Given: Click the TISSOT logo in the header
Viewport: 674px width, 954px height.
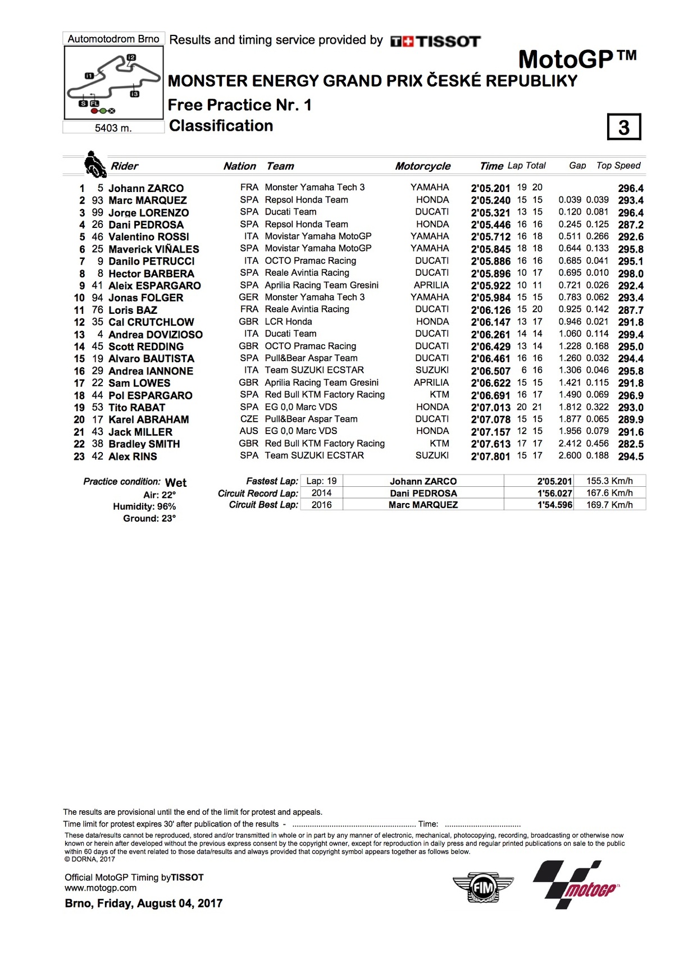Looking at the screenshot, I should pyautogui.click(x=435, y=41).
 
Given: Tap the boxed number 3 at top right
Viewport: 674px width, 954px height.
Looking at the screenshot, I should pyautogui.click(x=623, y=127).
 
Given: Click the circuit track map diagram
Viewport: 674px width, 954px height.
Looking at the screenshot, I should pyautogui.click(x=114, y=83).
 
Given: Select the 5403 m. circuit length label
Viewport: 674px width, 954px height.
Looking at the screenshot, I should pyautogui.click(x=113, y=128).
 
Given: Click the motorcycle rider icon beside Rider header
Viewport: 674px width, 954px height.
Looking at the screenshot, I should pyautogui.click(x=94, y=165).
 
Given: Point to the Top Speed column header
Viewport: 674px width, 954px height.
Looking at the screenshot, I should pyautogui.click(x=618, y=166).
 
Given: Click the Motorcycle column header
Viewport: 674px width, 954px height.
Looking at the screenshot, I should pyautogui.click(x=422, y=166).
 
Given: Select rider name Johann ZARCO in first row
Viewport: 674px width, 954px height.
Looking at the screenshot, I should pyautogui.click(x=146, y=188).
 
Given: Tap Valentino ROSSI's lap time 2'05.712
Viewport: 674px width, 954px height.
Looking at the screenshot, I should pyautogui.click(x=490, y=237).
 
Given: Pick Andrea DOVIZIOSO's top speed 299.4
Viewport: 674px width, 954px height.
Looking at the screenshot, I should pyautogui.click(x=631, y=335).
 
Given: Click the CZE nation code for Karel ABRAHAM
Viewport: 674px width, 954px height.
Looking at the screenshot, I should pyautogui.click(x=249, y=419).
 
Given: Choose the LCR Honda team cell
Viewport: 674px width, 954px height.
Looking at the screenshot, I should pyautogui.click(x=288, y=322).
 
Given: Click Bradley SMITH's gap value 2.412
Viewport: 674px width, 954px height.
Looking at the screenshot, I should pyautogui.click(x=570, y=444).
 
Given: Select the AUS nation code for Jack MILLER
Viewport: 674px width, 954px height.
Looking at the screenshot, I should pyautogui.click(x=249, y=431).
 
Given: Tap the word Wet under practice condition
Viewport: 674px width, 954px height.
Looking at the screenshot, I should pyautogui.click(x=176, y=483).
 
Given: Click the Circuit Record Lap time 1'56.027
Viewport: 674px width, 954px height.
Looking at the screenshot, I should pyautogui.click(x=554, y=493).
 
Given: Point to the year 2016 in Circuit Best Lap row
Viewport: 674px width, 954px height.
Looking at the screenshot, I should pyautogui.click(x=322, y=505).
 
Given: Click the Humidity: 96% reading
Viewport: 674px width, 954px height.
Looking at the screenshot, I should pyautogui.click(x=144, y=506).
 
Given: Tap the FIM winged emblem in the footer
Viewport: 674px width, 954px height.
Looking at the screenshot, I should pyautogui.click(x=483, y=888).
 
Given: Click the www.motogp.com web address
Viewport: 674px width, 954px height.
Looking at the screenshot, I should pyautogui.click(x=101, y=888).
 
